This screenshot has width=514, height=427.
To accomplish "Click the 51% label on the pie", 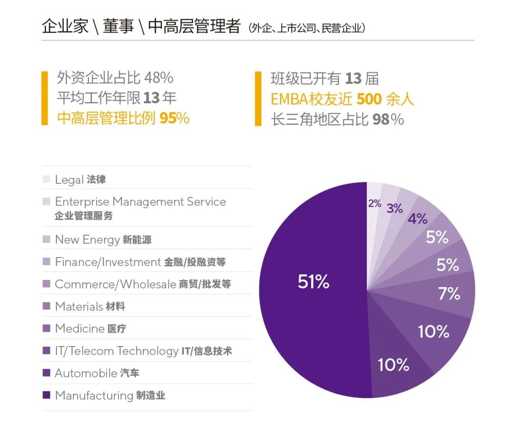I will tap(313, 282).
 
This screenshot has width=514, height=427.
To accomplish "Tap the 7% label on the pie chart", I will tap(449, 294).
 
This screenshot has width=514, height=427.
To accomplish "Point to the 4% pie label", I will tap(417, 219).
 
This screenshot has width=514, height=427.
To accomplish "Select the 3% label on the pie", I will tap(395, 209).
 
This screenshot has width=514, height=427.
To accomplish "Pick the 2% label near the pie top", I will tap(375, 204).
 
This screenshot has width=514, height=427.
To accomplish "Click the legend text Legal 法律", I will tap(80, 179).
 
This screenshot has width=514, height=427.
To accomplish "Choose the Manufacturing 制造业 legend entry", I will tap(110, 396).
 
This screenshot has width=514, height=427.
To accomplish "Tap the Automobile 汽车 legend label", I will tap(97, 373).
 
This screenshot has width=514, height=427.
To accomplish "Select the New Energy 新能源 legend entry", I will tap(103, 239).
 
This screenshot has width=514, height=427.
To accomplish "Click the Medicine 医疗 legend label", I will tap(90, 328).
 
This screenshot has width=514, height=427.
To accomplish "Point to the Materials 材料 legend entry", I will tap(90, 306).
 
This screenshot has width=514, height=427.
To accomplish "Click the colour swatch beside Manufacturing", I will tap(46, 396).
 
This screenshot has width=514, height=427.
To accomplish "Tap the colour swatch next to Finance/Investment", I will tap(46, 262).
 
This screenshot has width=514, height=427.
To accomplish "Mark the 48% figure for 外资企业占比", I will tap(158, 78).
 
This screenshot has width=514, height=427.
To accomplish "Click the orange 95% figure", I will tap(174, 118).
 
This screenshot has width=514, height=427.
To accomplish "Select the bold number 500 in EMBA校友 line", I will tap(369, 99).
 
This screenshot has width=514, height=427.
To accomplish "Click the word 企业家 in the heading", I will tap(65, 27).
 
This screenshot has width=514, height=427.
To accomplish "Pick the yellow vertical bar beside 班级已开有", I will tap(258, 99).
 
